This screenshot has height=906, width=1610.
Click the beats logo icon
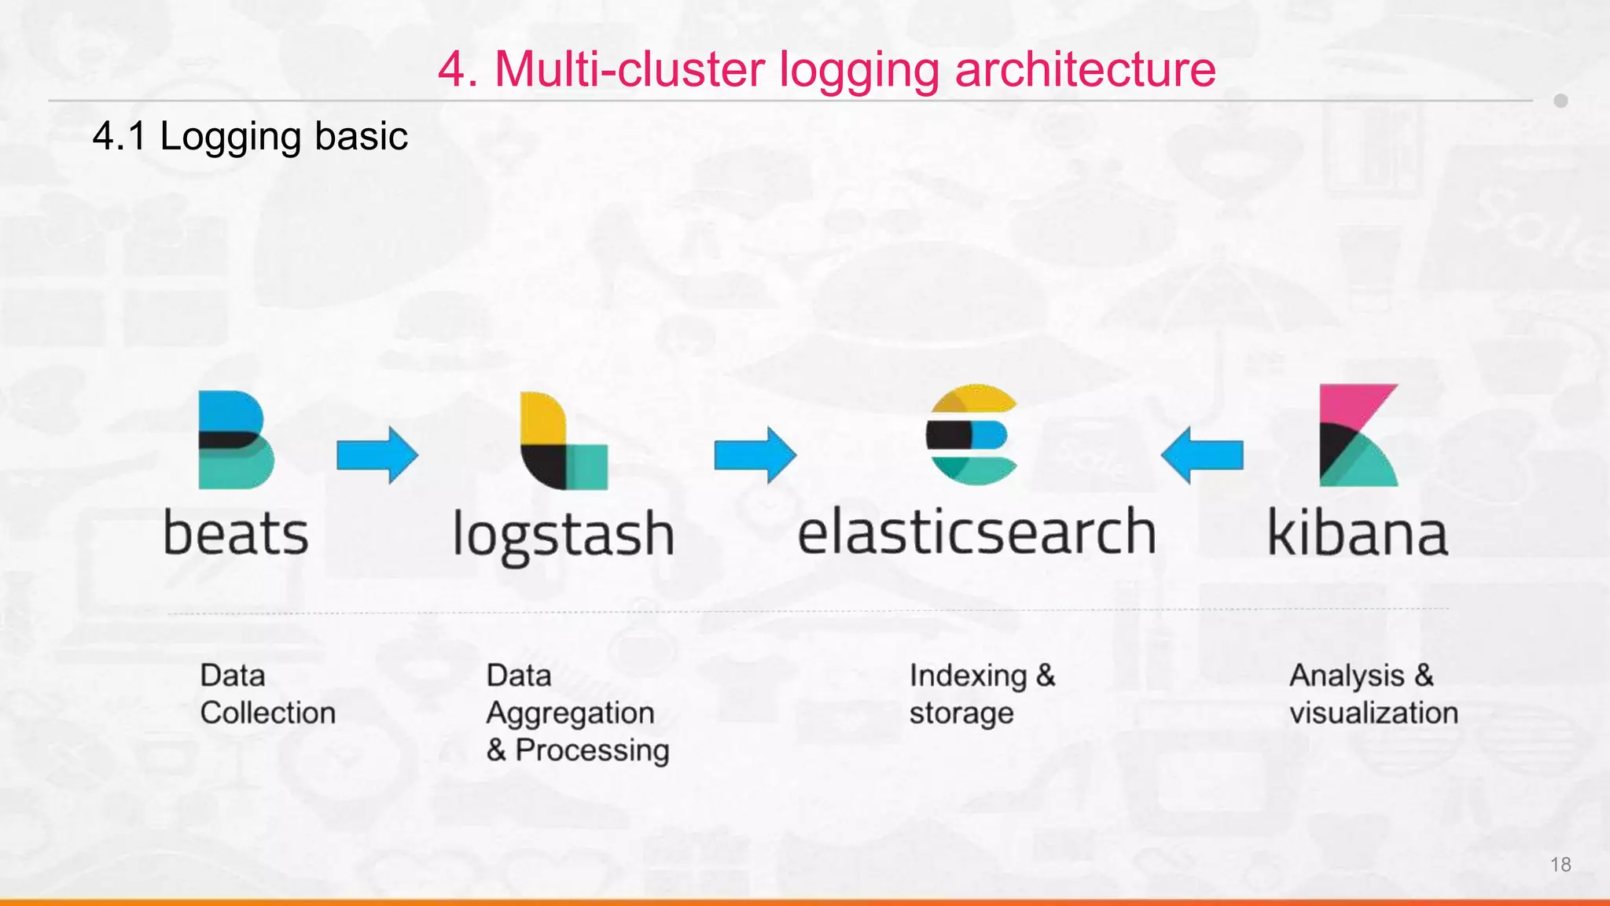234,440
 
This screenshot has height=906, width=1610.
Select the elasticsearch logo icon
972,435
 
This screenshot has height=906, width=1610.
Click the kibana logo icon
1358,436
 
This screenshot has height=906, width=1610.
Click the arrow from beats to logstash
377,455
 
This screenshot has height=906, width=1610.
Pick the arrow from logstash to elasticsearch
755,455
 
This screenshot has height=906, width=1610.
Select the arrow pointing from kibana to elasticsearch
1202,455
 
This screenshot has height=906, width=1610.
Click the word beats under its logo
236,533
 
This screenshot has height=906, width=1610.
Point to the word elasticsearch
976,532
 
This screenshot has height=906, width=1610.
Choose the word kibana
1358,533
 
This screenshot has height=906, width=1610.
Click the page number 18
1560,864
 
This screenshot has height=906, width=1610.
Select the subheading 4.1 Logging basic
250,136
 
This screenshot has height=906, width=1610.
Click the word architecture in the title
1085,69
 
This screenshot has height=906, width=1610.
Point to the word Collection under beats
267,713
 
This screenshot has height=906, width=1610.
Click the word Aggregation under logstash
570,713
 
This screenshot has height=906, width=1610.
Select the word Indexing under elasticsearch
968,676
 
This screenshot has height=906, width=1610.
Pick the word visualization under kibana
1373,713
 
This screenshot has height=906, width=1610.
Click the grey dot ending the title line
1560,101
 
